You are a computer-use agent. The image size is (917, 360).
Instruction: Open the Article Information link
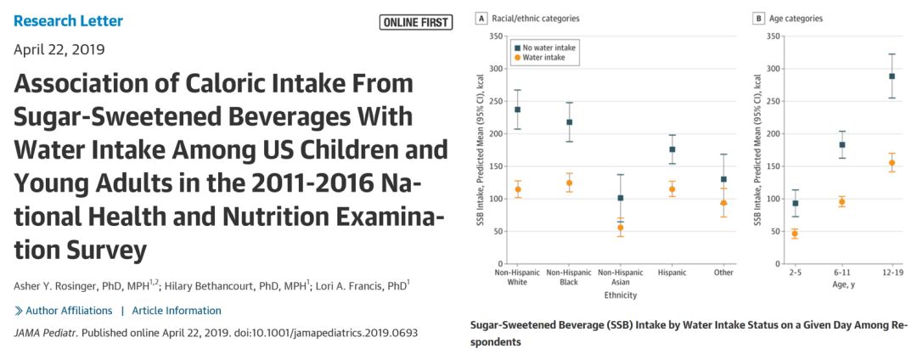pos(177,311)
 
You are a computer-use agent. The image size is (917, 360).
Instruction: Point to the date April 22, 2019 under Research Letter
pos(59,48)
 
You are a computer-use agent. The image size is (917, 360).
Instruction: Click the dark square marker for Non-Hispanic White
pos(517,110)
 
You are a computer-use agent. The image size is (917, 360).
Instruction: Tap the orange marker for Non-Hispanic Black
pos(569,183)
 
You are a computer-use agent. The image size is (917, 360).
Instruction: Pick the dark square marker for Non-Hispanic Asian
pos(621,198)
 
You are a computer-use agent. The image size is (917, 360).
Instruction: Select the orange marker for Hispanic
pos(672,189)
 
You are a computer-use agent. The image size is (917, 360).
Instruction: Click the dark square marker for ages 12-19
pos(892,76)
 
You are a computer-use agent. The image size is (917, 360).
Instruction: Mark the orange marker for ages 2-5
pos(795,233)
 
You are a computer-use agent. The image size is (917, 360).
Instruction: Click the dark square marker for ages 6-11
pos(842,145)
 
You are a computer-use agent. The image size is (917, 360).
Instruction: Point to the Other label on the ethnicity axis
pos(723,273)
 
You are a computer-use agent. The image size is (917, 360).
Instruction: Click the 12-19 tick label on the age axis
pos(891,273)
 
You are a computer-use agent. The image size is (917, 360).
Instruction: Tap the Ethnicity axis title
pos(619,295)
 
